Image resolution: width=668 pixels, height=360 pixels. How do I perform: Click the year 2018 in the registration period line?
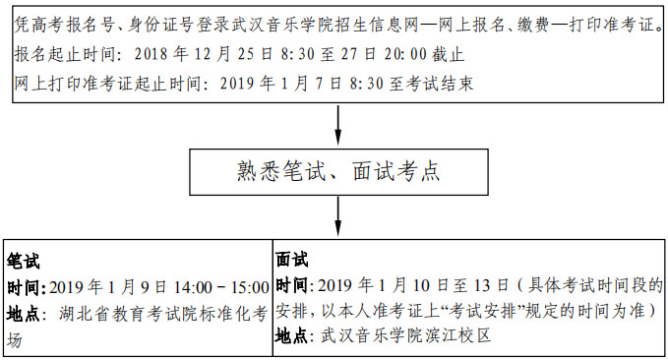pyautogui.click(x=151, y=54)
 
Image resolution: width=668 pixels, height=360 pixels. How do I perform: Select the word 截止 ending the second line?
pyautogui.click(x=448, y=54)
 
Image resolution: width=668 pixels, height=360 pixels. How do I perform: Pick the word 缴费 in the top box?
pyautogui.click(x=533, y=26)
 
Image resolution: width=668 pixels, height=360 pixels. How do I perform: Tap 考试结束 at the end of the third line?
pyautogui.click(x=439, y=83)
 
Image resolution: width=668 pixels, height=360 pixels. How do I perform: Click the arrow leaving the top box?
pyautogui.click(x=337, y=125)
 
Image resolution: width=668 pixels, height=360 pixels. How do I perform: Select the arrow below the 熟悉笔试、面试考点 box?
pyautogui.click(x=337, y=216)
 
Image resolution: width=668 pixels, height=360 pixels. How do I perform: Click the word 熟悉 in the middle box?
pyautogui.click(x=259, y=171)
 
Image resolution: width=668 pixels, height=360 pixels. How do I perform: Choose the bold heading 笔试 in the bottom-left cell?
pyautogui.click(x=23, y=261)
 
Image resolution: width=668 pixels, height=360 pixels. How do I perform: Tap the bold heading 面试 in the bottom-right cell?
pyautogui.click(x=292, y=259)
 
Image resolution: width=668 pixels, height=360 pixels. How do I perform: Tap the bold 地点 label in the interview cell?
pyautogui.click(x=291, y=336)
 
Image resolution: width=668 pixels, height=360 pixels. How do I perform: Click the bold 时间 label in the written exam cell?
pyautogui.click(x=24, y=288)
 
